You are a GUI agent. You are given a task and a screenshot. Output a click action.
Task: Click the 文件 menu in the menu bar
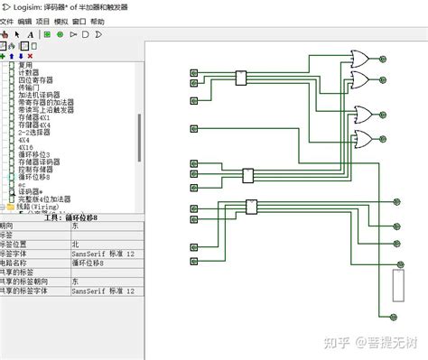[x=7, y=20]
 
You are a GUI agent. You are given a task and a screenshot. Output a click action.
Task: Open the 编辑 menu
[x=24, y=20]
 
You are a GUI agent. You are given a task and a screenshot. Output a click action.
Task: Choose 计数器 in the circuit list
[x=30, y=73]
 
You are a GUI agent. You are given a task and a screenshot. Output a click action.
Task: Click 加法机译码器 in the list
[x=39, y=95]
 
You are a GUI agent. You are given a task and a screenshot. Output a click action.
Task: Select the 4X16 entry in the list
[x=25, y=147]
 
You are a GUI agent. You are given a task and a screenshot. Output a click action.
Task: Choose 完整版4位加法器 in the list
[x=45, y=198]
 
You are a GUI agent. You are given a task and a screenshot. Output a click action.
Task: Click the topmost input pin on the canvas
[x=193, y=72]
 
